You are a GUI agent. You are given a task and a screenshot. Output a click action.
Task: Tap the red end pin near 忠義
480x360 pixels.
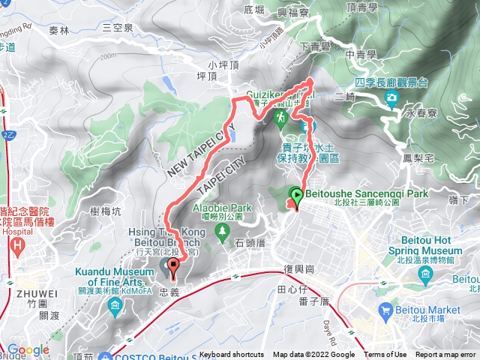coord(174,266)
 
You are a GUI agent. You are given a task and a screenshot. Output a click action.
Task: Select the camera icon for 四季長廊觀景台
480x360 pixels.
coord(391,98)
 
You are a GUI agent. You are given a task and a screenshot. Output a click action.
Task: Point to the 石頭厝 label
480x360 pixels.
coord(250,243)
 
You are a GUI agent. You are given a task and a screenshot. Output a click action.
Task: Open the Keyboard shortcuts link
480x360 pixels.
coord(232,355)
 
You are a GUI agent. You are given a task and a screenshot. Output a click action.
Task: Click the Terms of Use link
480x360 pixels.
coord(385,355)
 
